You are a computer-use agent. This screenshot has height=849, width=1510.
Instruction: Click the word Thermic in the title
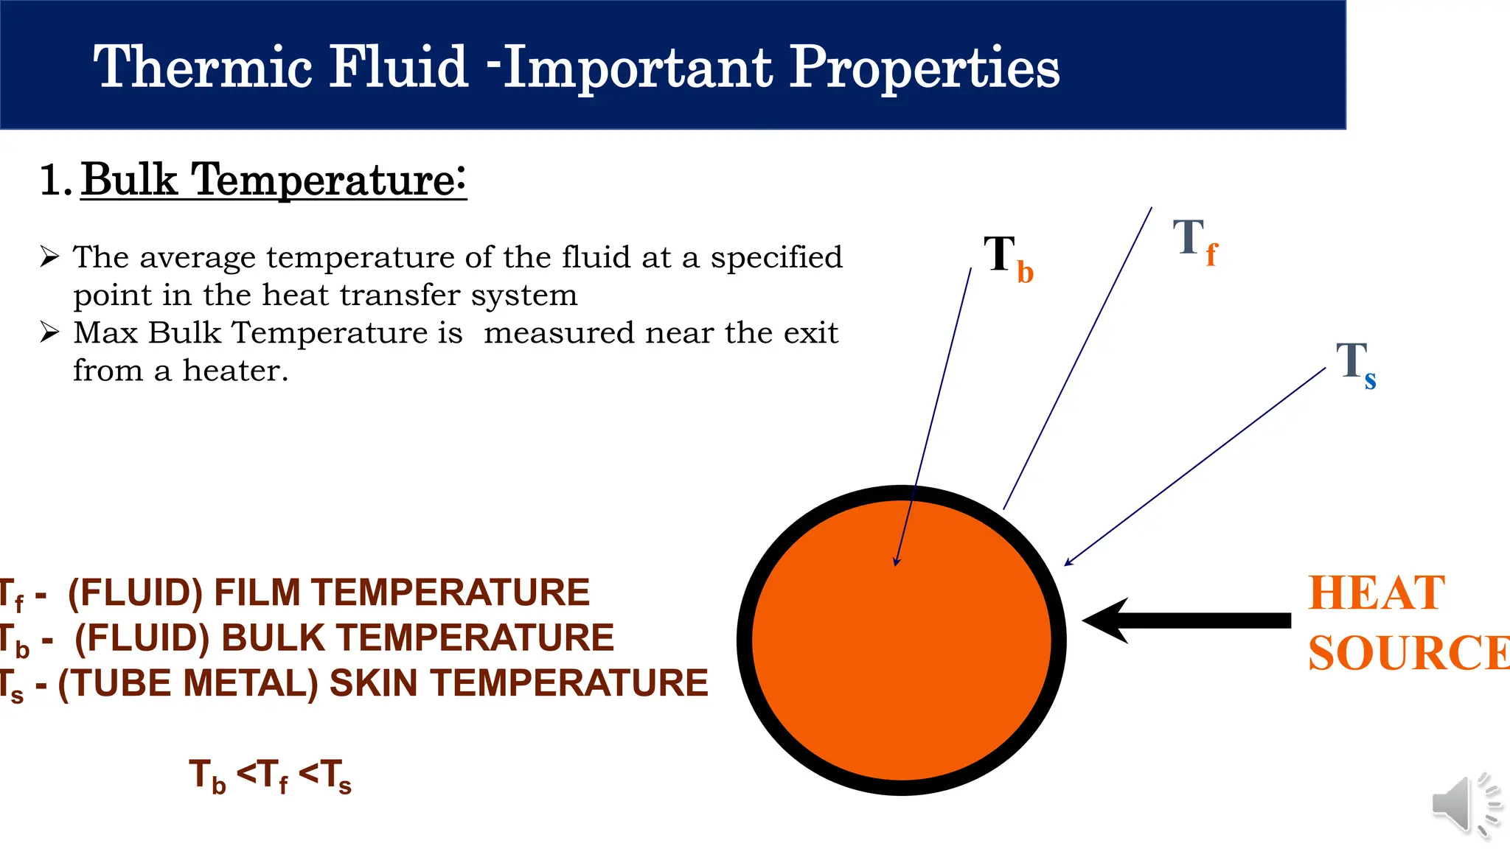point(203,68)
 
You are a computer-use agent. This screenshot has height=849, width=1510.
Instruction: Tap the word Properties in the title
point(925,68)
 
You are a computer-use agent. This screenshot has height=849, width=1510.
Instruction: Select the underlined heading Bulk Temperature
point(274,180)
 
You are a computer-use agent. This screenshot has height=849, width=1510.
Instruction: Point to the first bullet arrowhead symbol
point(49,256)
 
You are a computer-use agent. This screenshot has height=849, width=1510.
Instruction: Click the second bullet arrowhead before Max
point(49,332)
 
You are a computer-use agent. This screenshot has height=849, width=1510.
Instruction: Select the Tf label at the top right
point(1194,241)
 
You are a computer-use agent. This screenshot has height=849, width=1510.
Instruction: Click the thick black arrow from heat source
point(1187,621)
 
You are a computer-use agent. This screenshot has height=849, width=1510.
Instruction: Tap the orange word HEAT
point(1376,593)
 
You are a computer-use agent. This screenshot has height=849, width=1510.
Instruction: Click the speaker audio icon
point(1463,806)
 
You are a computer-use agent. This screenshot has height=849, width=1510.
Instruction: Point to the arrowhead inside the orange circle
point(897,561)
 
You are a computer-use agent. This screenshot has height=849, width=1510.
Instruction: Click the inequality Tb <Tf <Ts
point(270,775)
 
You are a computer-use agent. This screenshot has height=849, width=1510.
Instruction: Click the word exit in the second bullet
point(810,333)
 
